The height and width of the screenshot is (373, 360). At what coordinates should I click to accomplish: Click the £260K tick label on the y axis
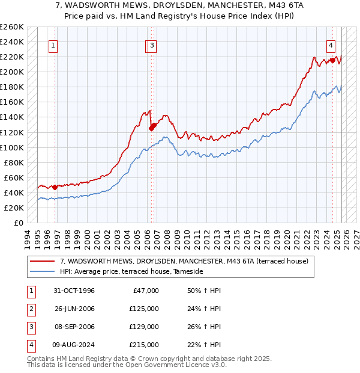coord(12,27)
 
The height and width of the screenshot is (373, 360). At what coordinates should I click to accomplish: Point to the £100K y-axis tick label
coord(12,147)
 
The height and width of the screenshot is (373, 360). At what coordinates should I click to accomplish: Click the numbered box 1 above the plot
coord(53,45)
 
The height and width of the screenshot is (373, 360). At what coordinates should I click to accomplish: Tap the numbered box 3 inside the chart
coord(152,45)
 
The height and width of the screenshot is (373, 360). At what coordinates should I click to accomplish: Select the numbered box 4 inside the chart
coord(331,45)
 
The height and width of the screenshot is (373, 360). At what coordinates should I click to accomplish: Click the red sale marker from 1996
coord(55,187)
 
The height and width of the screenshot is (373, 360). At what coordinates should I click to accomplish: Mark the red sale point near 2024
coord(332,60)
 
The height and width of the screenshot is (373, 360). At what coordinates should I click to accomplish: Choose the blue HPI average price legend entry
coord(132,272)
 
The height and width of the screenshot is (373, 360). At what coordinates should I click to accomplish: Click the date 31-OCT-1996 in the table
coord(74,291)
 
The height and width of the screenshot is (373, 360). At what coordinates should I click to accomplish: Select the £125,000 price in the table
coord(144,309)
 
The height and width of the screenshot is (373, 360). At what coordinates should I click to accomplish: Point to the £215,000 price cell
coord(144,345)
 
